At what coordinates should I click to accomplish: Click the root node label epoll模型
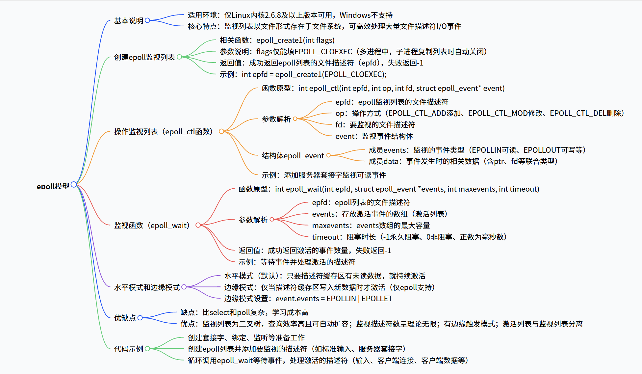point(53,186)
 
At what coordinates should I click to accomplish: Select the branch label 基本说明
point(128,21)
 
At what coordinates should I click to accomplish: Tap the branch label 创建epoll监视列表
point(144,57)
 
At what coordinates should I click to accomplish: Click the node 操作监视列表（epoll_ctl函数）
point(163,132)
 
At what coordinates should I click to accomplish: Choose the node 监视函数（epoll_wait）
point(152,226)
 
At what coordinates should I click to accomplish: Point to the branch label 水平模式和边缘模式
point(147,287)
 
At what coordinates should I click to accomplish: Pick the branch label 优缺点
point(125,318)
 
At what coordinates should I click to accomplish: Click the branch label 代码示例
point(128,349)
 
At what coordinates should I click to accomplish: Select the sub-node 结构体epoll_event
point(293,156)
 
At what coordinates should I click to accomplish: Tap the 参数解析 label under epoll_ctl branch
point(276,119)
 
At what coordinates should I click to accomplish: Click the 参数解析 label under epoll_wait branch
point(253,220)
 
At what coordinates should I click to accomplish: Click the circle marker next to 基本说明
point(147,20)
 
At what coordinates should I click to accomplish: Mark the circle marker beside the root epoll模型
point(74,184)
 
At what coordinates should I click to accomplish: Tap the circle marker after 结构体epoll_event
point(328,155)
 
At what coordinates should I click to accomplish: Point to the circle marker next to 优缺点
point(140,318)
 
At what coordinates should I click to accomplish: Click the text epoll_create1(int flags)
point(295,40)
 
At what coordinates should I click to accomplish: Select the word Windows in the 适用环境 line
point(355,15)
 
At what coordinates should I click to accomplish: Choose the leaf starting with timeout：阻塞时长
point(409,237)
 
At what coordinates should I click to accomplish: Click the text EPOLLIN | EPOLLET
point(359,299)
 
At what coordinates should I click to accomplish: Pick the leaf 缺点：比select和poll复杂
point(244,312)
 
